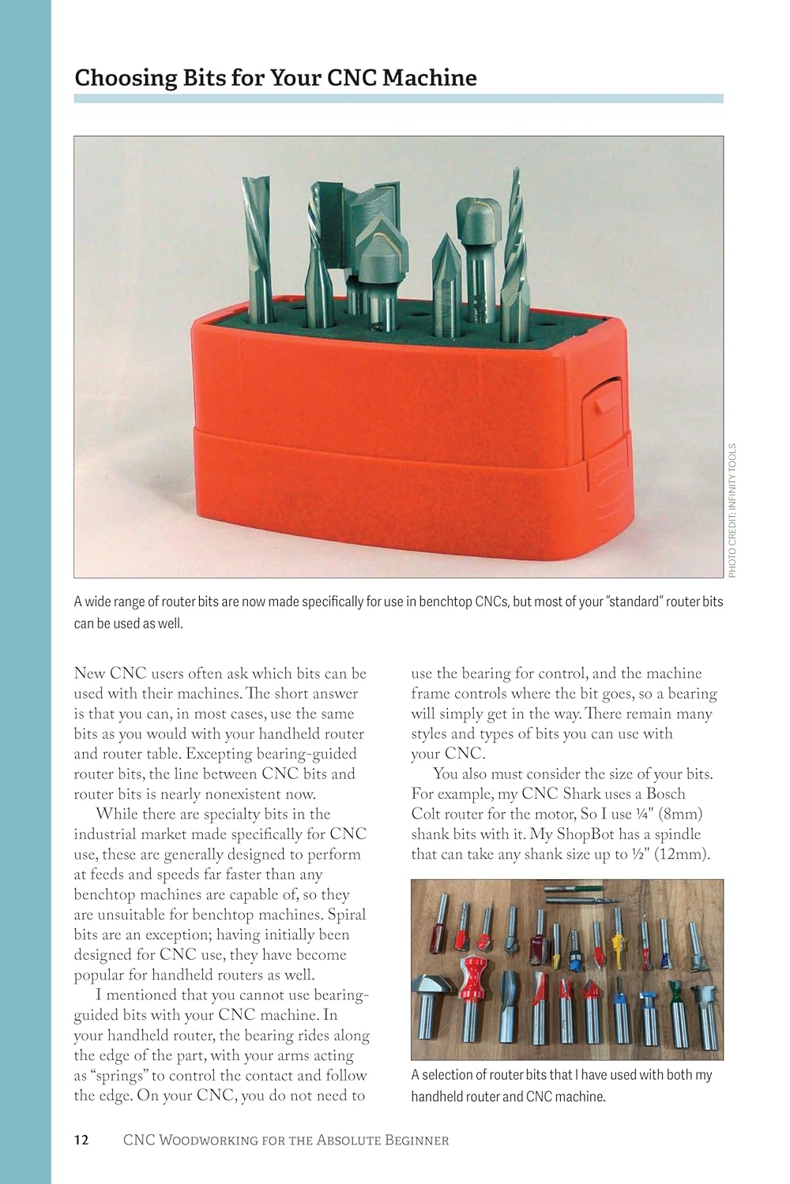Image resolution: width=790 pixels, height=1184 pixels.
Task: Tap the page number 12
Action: [81, 1140]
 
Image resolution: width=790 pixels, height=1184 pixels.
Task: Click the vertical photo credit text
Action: [732, 510]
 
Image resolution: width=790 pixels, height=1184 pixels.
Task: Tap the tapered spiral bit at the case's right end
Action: [514, 245]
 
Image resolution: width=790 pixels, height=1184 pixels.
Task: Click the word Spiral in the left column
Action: [347, 915]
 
